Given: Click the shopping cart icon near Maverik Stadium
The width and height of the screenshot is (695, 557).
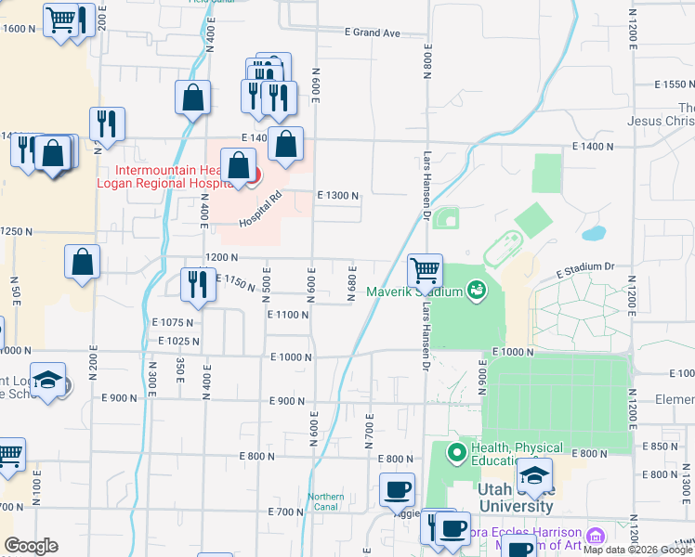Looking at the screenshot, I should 425,270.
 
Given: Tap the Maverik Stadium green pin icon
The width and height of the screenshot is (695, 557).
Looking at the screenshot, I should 477,291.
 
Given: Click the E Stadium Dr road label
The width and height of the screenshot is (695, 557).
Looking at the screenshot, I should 585,268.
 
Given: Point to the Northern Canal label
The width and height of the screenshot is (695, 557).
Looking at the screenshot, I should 326,500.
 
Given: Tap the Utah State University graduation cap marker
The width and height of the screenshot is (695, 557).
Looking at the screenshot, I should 534,476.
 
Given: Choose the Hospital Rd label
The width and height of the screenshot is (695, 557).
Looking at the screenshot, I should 260,210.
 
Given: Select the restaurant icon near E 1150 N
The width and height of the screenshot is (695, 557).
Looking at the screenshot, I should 197,284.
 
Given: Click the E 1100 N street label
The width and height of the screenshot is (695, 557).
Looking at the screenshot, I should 287,316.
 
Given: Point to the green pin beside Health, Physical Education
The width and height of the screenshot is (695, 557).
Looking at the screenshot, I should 456,453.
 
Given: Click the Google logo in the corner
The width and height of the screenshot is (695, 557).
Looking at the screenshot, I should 31,546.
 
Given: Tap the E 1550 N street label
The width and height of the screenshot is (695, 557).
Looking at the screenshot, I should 661,84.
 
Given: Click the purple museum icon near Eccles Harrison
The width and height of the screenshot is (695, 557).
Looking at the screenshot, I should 596,536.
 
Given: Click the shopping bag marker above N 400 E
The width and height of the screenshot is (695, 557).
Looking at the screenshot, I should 192,97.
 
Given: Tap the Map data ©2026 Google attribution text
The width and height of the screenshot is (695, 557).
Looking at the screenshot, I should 637,550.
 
